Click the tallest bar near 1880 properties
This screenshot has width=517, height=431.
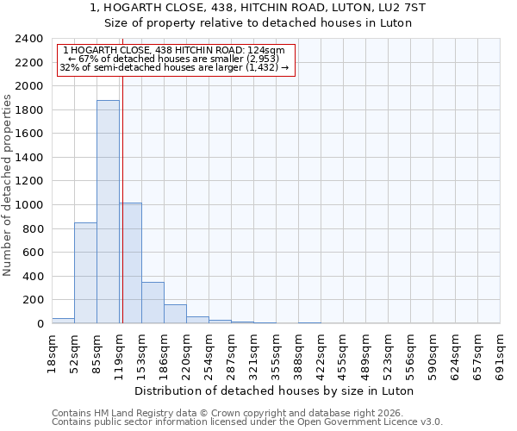108,212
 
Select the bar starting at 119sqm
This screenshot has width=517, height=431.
131,263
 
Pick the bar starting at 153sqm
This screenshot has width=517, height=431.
153,303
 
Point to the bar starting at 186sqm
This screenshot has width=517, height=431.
175,314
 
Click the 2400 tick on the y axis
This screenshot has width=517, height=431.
29,39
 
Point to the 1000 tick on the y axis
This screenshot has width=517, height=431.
29,205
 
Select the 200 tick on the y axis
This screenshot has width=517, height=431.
33,300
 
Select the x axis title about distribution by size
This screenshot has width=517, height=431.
275,390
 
